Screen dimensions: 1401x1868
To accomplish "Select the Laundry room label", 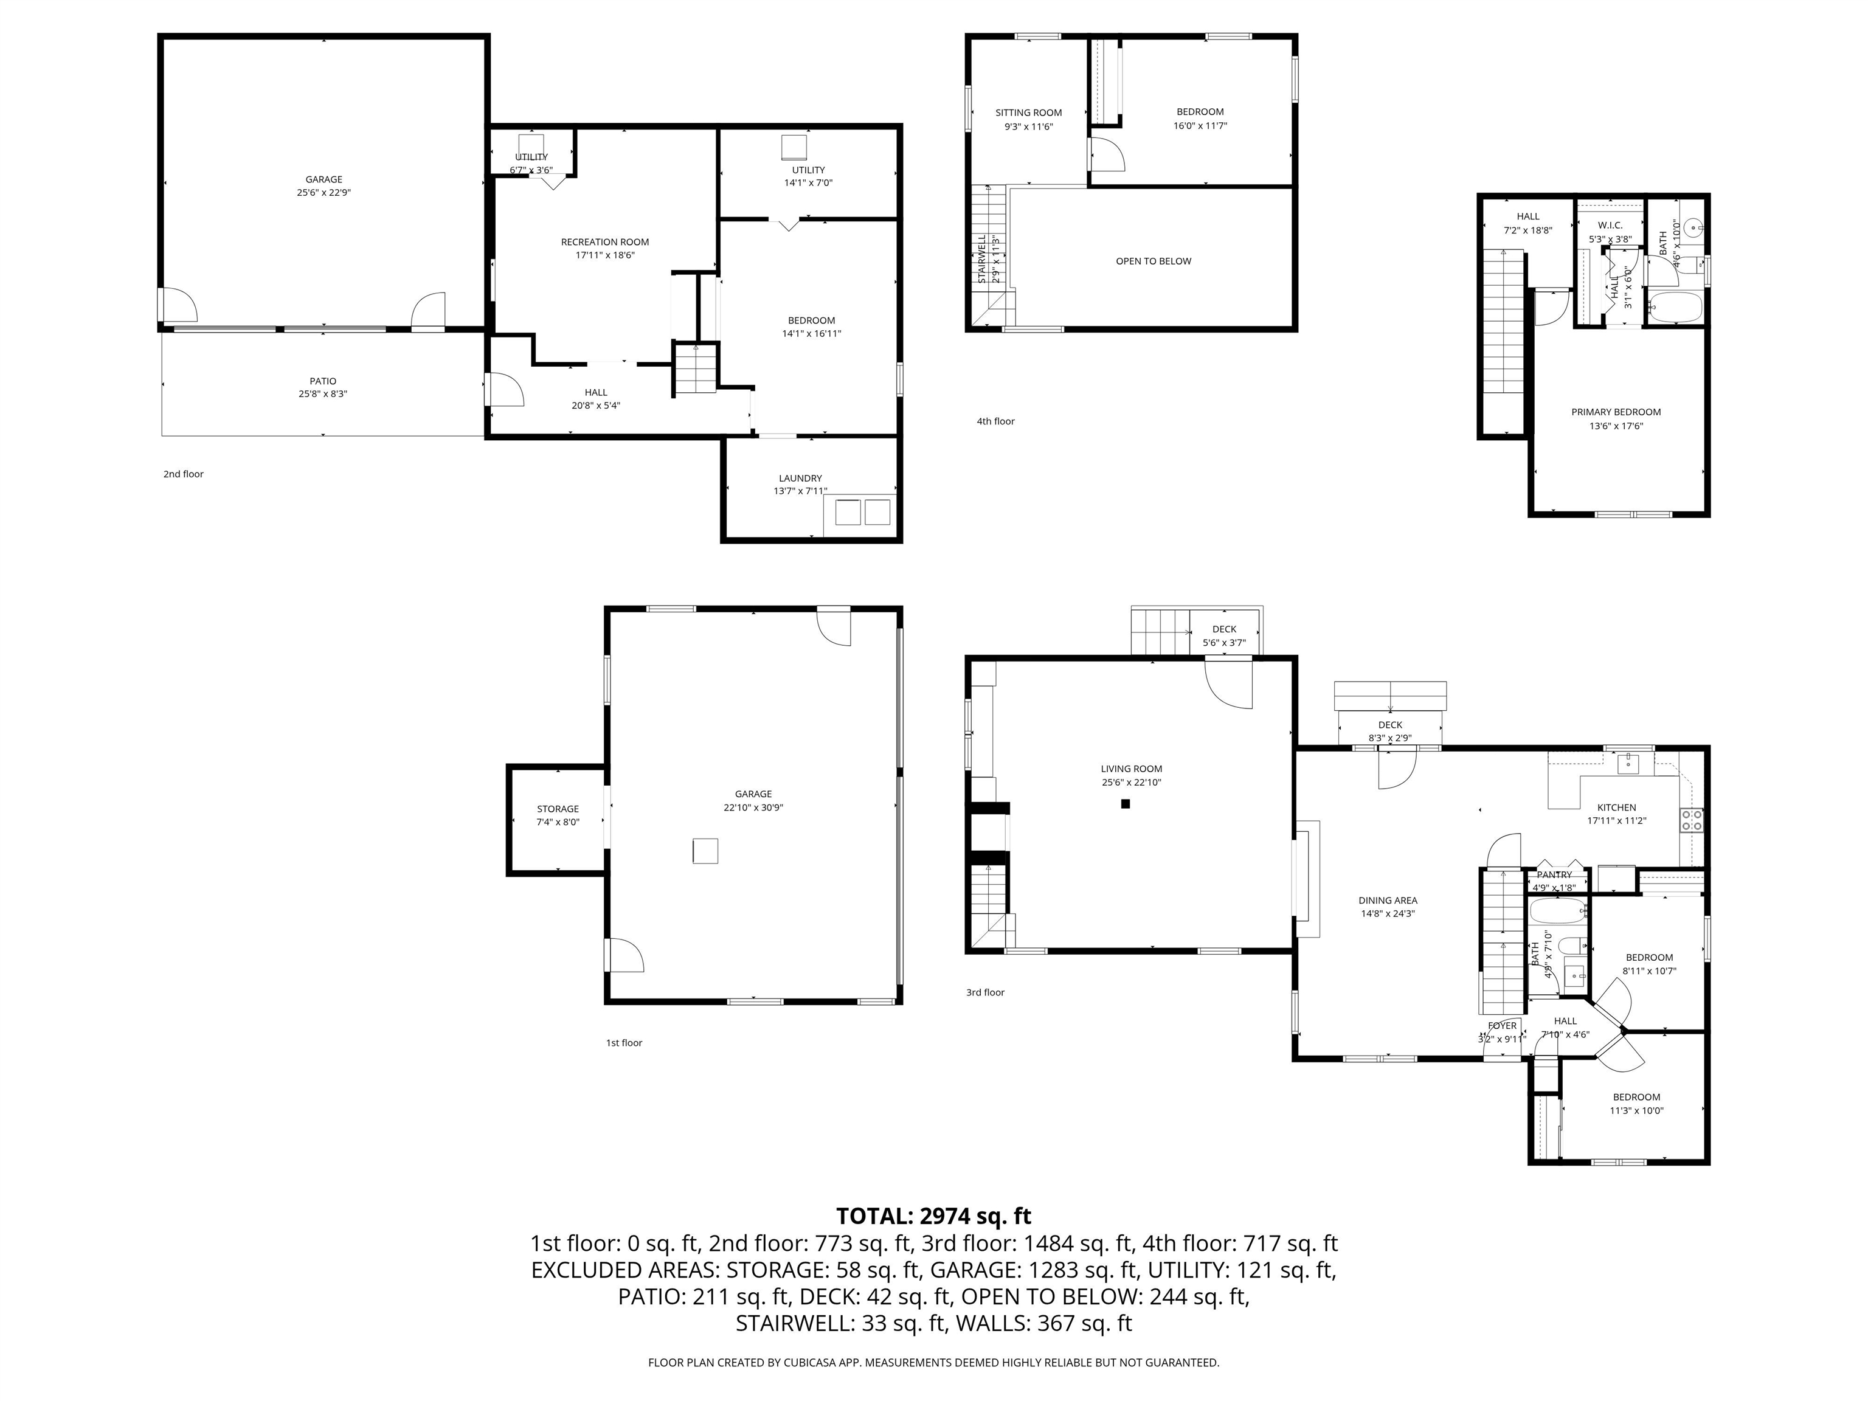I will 800,478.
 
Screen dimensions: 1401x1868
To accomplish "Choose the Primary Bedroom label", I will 1616,412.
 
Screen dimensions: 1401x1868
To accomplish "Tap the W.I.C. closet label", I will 1610,226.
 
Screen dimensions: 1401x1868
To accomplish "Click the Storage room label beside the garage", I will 558,809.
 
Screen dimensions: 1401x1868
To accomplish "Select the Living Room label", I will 1131,769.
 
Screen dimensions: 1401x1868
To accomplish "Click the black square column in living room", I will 1125,804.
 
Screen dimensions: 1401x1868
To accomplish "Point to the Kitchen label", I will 1616,808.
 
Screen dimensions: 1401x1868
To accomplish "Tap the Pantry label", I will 1554,875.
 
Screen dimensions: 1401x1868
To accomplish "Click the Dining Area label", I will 1388,900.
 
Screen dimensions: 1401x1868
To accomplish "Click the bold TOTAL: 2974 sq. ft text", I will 933,1216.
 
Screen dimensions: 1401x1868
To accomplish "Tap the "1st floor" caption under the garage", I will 623,1043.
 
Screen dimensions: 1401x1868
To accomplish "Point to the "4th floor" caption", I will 995,421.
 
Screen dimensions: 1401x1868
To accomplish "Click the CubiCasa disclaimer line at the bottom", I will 933,1362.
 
